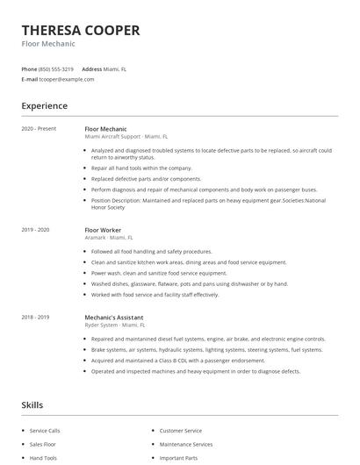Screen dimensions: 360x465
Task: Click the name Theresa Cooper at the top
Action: tap(80, 30)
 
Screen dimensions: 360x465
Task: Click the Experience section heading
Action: tap(44, 106)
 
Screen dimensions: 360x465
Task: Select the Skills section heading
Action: tap(32, 405)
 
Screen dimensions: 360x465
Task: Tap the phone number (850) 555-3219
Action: tap(56, 68)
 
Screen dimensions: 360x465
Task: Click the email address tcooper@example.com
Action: tap(66, 79)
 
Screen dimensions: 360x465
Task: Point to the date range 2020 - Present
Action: tap(38, 129)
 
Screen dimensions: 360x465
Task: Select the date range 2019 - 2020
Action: tap(35, 230)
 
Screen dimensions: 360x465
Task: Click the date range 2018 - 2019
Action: tap(35, 317)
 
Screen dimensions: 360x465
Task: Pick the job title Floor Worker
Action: tap(103, 230)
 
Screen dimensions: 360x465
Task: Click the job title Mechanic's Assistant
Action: tap(113, 317)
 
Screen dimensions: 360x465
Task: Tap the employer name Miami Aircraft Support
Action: tap(112, 137)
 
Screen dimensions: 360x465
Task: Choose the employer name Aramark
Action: tap(96, 238)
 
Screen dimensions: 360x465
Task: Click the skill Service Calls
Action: tap(46, 431)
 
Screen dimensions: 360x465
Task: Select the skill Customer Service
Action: tap(180, 431)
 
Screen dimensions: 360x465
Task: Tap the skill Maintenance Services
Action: tap(185, 445)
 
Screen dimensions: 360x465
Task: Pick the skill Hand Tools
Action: tap(43, 458)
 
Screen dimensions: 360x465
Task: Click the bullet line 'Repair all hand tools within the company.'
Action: tap(140, 168)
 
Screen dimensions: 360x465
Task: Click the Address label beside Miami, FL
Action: tap(91, 68)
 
